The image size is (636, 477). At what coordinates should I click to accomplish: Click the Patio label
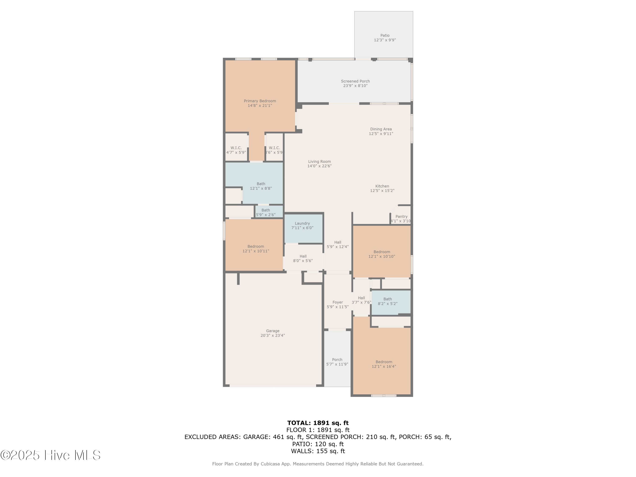pyautogui.click(x=385, y=35)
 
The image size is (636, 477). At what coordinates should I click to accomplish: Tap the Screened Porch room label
pyautogui.click(x=355, y=81)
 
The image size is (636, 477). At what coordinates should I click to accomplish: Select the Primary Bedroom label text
pyautogui.click(x=260, y=101)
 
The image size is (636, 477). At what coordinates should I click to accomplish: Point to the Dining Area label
pyautogui.click(x=381, y=129)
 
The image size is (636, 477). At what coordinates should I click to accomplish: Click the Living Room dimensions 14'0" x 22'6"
pyautogui.click(x=319, y=166)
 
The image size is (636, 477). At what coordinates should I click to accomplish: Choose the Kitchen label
pyautogui.click(x=382, y=186)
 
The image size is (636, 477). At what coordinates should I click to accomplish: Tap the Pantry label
pyautogui.click(x=401, y=216)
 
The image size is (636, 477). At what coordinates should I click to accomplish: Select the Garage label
pyautogui.click(x=273, y=331)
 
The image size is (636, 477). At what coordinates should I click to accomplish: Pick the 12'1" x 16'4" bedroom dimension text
pyautogui.click(x=384, y=366)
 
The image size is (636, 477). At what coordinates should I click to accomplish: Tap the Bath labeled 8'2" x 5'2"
pyautogui.click(x=388, y=299)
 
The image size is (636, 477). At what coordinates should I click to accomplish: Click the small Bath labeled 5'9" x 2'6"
pyautogui.click(x=266, y=210)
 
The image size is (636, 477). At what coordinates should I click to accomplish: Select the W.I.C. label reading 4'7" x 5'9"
pyautogui.click(x=236, y=148)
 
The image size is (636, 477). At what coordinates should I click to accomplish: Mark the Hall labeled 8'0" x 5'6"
pyautogui.click(x=303, y=256)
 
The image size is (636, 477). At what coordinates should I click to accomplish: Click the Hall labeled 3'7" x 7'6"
pyautogui.click(x=361, y=298)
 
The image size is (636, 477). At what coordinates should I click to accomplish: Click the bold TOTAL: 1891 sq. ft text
pyautogui.click(x=318, y=423)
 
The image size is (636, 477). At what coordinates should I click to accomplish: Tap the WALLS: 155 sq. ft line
pyautogui.click(x=318, y=451)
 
